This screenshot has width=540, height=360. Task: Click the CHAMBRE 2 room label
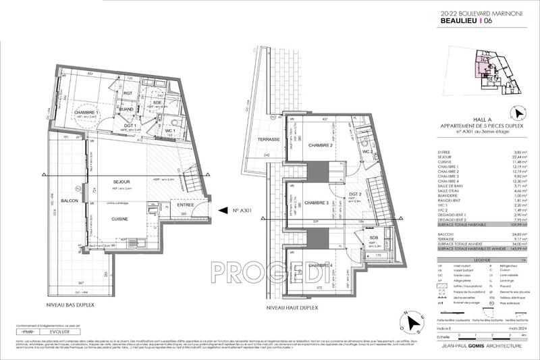[321, 146]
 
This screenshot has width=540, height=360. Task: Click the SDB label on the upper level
[374, 238]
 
